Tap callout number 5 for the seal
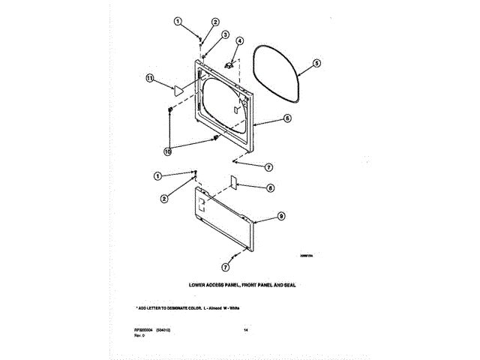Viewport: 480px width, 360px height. [316, 64]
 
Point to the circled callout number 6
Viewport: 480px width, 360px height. [287, 118]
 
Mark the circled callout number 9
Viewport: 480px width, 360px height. [281, 215]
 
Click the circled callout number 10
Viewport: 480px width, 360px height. [168, 151]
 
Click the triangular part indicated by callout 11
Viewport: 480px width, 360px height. [178, 90]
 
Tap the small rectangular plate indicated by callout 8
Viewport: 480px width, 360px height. [232, 182]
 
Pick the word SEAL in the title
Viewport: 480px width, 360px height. [292, 286]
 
